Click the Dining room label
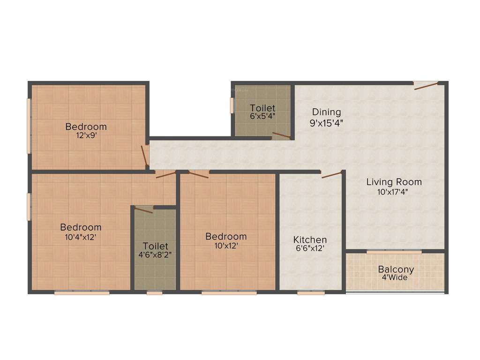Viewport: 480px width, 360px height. pyautogui.click(x=326, y=112)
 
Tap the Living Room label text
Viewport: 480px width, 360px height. pyautogui.click(x=394, y=182)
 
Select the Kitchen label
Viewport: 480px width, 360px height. pyautogui.click(x=310, y=240)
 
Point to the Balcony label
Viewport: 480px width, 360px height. pyautogui.click(x=396, y=270)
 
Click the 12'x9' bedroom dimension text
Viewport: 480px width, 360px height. pyautogui.click(x=86, y=135)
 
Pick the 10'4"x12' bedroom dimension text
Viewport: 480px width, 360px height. pyautogui.click(x=81, y=237)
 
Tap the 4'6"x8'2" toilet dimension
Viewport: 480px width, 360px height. pyautogui.click(x=155, y=256)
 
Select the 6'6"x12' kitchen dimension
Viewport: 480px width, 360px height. pyautogui.click(x=310, y=249)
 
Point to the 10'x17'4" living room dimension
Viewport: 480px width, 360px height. pyautogui.click(x=394, y=191)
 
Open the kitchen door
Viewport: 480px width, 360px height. pyautogui.click(x=332, y=175)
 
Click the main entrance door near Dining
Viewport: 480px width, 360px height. pyautogui.click(x=426, y=85)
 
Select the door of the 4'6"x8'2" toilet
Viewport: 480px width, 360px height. pyautogui.click(x=143, y=210)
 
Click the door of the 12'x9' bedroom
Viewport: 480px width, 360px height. pyautogui.click(x=145, y=156)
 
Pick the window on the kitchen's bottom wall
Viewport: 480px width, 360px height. pyautogui.click(x=311, y=293)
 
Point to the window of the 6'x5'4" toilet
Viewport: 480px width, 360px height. pyautogui.click(x=232, y=105)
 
